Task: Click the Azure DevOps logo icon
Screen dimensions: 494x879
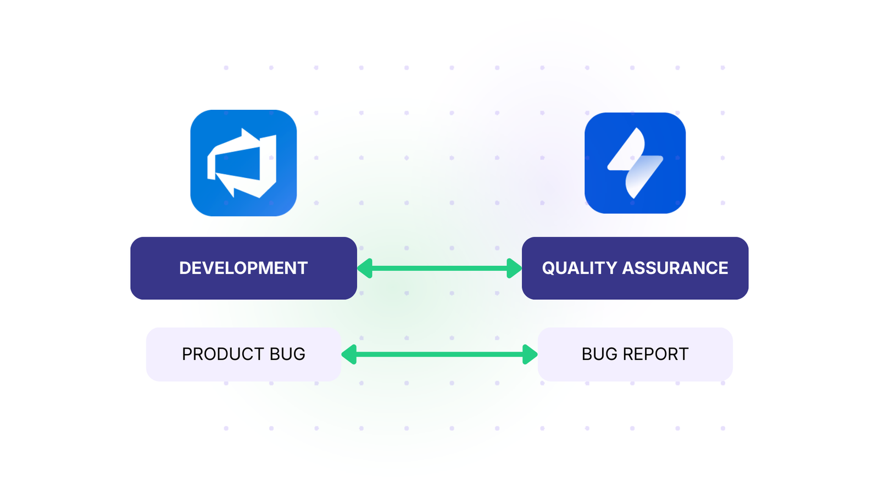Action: (243, 163)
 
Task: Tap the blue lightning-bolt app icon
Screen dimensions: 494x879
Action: (635, 163)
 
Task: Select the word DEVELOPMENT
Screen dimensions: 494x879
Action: (243, 268)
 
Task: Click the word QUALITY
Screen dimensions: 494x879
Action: (580, 268)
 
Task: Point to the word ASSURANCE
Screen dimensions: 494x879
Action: (675, 268)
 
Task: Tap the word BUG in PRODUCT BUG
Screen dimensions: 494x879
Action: (287, 354)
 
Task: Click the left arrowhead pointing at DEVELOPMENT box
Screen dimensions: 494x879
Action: (365, 268)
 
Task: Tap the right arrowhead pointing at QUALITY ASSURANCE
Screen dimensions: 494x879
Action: (514, 268)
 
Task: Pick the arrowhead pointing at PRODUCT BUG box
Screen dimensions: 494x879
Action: (349, 355)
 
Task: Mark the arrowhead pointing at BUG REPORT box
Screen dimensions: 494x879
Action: (529, 355)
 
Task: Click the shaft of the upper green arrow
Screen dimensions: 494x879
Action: (439, 268)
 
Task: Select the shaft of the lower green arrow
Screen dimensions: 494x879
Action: (439, 355)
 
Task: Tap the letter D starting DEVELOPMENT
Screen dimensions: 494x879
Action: (185, 268)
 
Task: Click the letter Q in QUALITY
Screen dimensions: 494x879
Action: (549, 268)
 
